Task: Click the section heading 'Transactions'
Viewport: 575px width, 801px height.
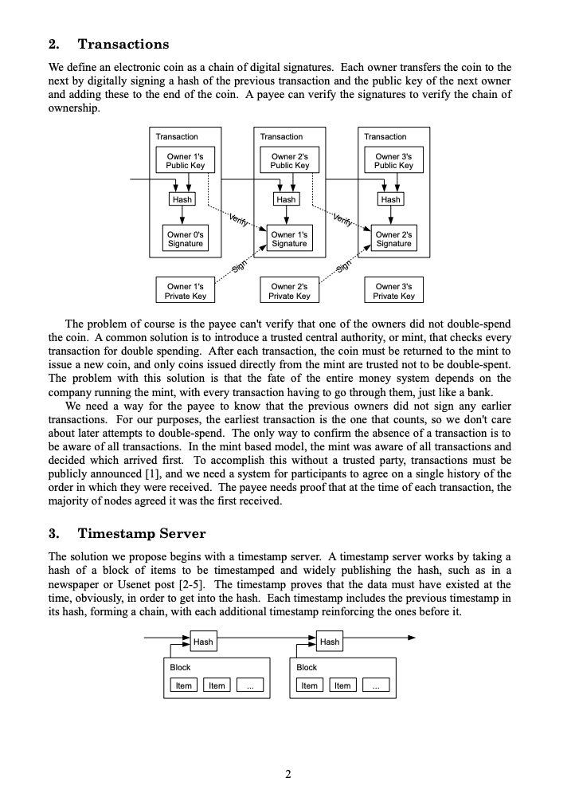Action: pyautogui.click(x=123, y=44)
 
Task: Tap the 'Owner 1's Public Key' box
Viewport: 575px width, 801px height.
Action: pyautogui.click(x=185, y=161)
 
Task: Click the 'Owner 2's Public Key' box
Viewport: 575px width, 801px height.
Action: pyautogui.click(x=289, y=161)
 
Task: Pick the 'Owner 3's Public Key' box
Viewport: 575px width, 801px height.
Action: pyautogui.click(x=393, y=161)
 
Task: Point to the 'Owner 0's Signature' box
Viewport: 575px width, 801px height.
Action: pyautogui.click(x=185, y=239)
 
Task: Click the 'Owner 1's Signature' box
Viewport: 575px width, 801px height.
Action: pyautogui.click(x=289, y=239)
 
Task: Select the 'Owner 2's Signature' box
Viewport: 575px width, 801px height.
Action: pyautogui.click(x=393, y=239)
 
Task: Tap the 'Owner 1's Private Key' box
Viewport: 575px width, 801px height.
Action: pyautogui.click(x=185, y=291)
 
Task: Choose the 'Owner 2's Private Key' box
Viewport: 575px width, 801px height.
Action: pyautogui.click(x=289, y=291)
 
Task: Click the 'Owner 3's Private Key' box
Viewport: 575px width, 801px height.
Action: pyautogui.click(x=393, y=291)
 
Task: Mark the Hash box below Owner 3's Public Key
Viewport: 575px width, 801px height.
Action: pyautogui.click(x=390, y=199)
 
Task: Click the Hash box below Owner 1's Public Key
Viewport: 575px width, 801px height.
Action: pyautogui.click(x=182, y=199)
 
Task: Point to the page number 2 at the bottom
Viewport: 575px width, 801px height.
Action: pyautogui.click(x=287, y=773)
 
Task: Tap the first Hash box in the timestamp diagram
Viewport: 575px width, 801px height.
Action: pyautogui.click(x=202, y=642)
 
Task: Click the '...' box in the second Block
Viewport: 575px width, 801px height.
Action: pyautogui.click(x=376, y=685)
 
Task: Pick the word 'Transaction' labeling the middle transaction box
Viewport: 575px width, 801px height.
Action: pyautogui.click(x=281, y=137)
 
